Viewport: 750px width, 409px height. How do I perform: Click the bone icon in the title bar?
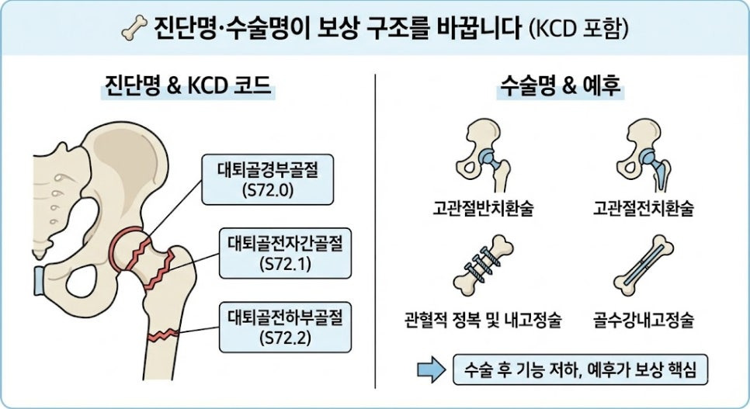click(x=134, y=28)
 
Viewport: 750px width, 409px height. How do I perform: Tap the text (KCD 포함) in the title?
click(x=578, y=29)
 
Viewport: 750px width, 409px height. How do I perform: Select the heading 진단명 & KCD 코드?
click(x=188, y=85)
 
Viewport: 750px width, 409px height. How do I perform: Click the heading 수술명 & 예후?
click(x=560, y=86)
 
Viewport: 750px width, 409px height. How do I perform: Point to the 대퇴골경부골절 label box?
click(x=267, y=179)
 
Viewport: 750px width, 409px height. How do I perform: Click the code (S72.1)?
click(x=285, y=264)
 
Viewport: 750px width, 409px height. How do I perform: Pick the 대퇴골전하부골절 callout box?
click(x=285, y=328)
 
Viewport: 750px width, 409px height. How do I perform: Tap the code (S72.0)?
click(x=267, y=190)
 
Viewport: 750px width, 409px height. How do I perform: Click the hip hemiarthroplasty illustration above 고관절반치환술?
click(x=483, y=155)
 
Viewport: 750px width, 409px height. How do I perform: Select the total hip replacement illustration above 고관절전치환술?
click(x=644, y=155)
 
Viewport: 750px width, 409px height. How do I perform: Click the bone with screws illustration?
click(x=483, y=265)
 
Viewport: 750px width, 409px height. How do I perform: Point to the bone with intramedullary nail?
click(x=644, y=265)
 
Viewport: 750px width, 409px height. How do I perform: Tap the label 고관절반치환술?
click(x=483, y=209)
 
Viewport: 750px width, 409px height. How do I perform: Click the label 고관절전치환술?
click(x=644, y=209)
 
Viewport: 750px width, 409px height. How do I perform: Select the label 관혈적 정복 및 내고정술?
click(x=483, y=320)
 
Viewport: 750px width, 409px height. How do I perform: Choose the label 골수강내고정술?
click(x=644, y=320)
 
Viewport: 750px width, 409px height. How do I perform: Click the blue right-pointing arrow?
click(x=432, y=369)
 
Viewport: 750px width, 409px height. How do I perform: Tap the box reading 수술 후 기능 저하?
click(x=580, y=369)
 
